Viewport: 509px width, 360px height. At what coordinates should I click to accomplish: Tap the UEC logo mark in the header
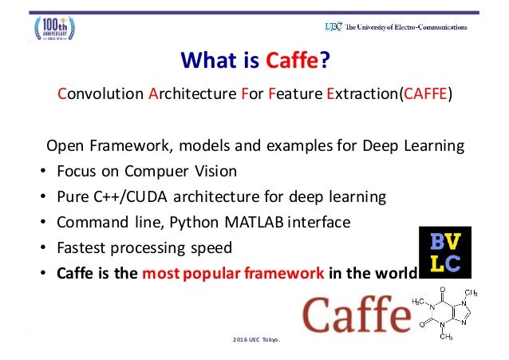[x=333, y=26]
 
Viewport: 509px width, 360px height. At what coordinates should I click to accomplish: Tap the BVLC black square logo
[x=444, y=252]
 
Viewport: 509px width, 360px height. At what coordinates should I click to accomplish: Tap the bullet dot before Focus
[x=41, y=172]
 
